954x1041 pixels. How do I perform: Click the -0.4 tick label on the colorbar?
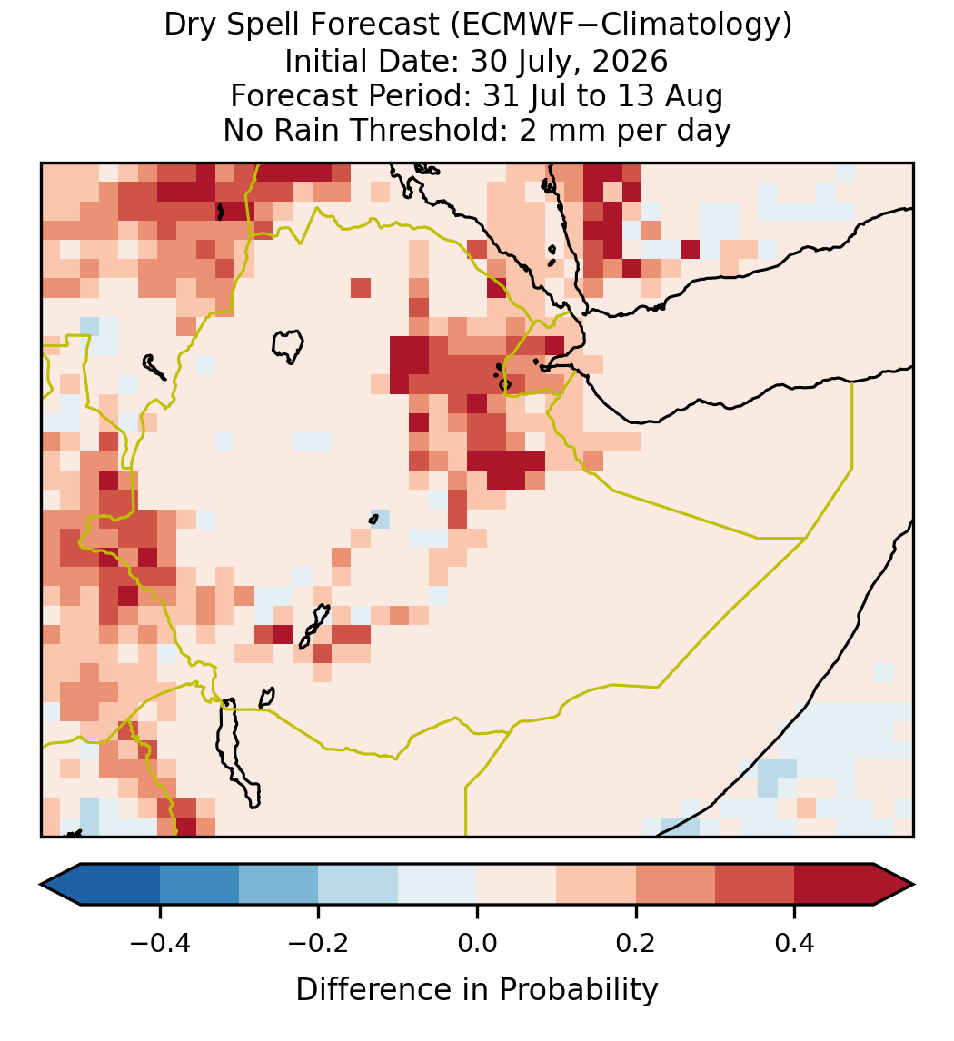[x=160, y=943]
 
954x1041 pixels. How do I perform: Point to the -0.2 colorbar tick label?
[x=319, y=943]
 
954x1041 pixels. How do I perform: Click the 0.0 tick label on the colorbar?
[x=477, y=943]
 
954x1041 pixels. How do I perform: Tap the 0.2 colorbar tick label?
[x=636, y=943]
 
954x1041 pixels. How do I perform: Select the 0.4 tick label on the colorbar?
[x=795, y=943]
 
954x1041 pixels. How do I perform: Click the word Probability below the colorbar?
[x=578, y=990]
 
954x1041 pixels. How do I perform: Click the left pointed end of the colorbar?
[x=41, y=885]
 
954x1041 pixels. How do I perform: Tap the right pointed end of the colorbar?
[x=913, y=885]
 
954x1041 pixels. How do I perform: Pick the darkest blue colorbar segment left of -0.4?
[x=120, y=885]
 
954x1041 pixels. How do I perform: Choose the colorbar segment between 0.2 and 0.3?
[x=675, y=885]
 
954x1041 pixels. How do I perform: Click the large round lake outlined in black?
[x=287, y=346]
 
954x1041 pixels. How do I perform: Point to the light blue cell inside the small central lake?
[x=380, y=519]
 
